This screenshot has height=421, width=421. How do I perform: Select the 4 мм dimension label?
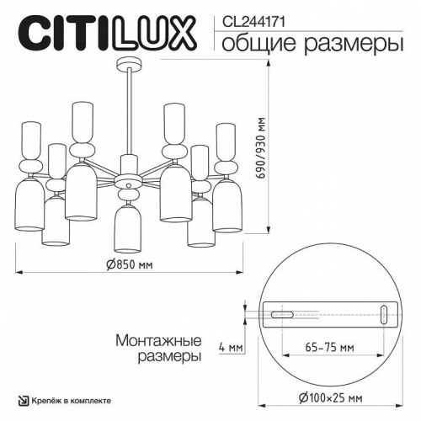pyautogui.click(x=227, y=347)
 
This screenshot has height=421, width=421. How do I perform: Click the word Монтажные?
pyautogui.click(x=157, y=341)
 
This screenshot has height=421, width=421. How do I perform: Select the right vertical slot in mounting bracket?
pyautogui.click(x=385, y=315)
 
